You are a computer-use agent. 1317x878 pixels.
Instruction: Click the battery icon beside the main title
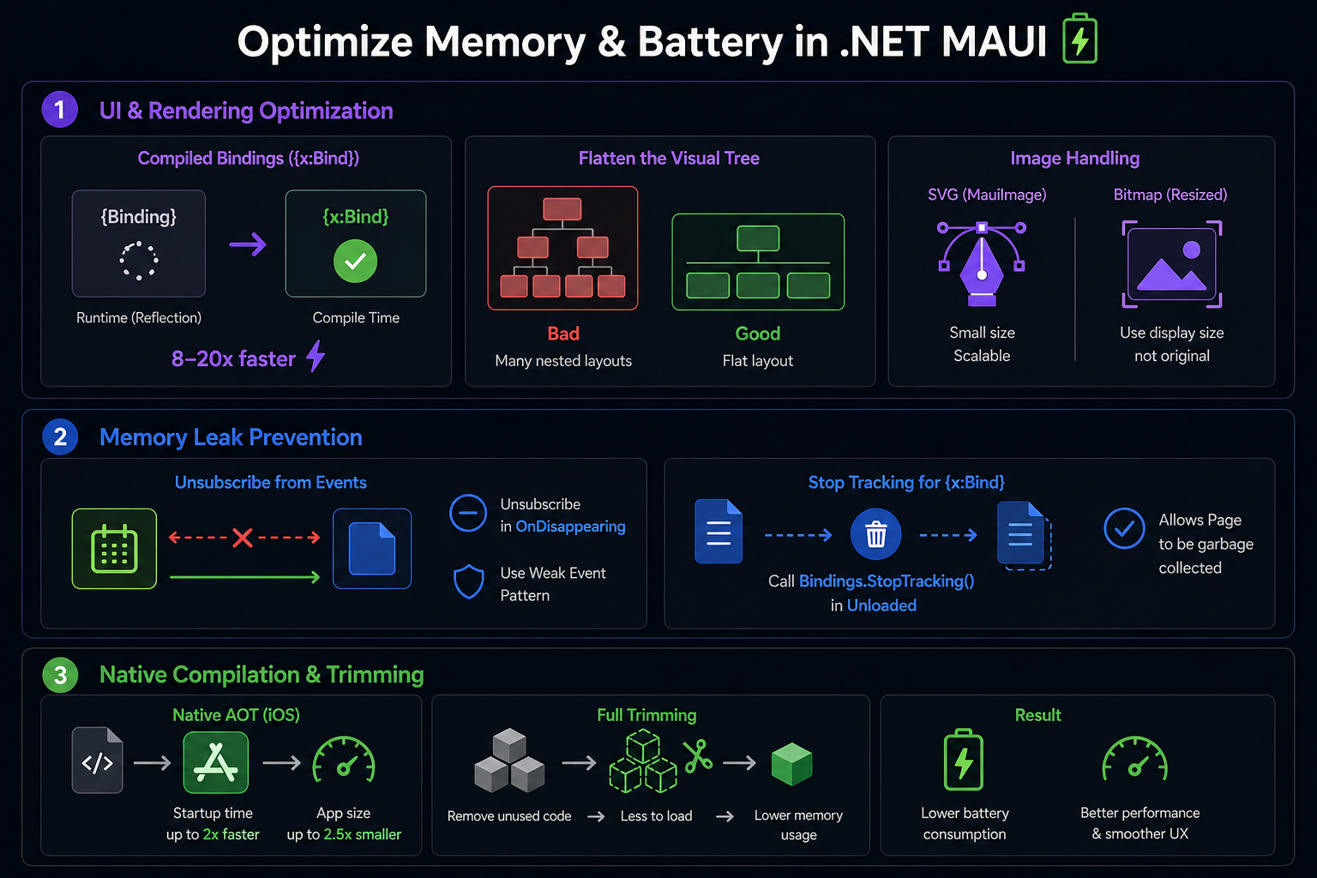coord(1079,39)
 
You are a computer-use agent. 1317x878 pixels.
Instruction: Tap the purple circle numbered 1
coord(60,110)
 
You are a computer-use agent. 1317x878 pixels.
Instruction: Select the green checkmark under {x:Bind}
coord(355,261)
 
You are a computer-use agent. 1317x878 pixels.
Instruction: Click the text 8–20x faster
coord(233,358)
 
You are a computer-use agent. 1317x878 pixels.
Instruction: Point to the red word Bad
coord(563,334)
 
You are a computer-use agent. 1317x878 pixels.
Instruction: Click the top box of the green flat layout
coord(758,238)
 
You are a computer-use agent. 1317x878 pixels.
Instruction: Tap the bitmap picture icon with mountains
coord(1171,264)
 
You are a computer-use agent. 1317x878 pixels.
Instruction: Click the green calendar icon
coord(114,549)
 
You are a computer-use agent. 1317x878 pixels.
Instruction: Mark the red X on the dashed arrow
coord(243,538)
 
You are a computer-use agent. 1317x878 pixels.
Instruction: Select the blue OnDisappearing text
coord(570,526)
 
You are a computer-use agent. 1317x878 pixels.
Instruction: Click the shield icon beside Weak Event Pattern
coord(469,581)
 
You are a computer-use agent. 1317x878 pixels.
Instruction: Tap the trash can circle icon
coord(875,534)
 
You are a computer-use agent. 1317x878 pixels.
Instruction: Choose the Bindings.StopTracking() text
coord(886,581)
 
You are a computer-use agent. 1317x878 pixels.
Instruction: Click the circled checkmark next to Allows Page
coord(1124,528)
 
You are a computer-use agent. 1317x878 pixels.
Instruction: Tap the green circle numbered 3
coord(60,675)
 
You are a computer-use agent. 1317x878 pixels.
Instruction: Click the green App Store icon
coord(216,762)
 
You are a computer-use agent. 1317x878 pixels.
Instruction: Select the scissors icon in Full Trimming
coord(698,755)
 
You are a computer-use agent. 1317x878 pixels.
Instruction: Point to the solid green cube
coord(791,763)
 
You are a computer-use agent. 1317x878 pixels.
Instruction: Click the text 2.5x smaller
coord(362,834)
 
